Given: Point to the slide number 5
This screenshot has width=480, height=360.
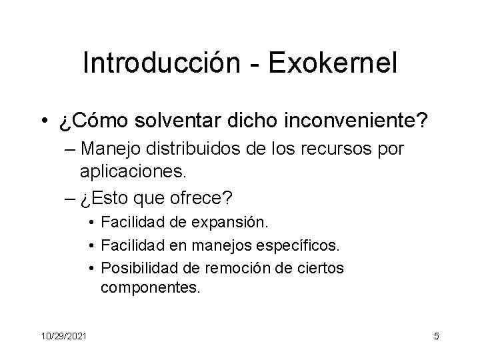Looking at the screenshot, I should pyautogui.click(x=436, y=336).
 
